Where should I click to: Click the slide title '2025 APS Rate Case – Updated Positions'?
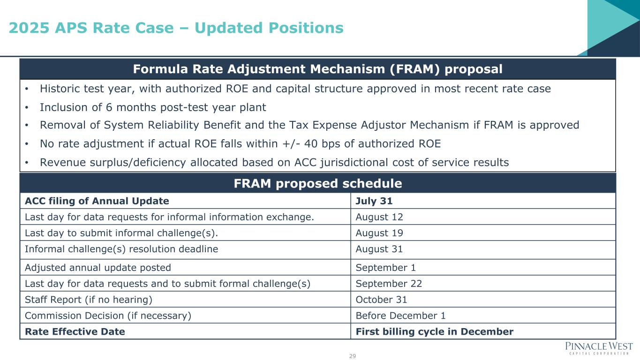tap(176, 28)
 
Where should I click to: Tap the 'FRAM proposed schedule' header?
tap(318, 183)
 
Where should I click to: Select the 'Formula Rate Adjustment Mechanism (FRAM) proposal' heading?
tap(318, 69)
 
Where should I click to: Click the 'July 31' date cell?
tap(374, 201)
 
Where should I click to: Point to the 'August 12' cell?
tap(379, 217)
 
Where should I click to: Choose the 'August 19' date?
tap(379, 233)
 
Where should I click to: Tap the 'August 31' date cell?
tap(379, 249)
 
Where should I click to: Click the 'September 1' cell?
tap(386, 268)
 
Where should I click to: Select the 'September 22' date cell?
tap(389, 284)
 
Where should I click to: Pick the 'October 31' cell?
tap(381, 300)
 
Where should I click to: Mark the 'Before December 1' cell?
tap(400, 315)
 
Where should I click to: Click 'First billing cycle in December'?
tap(435, 331)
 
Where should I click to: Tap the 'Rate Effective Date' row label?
tap(75, 331)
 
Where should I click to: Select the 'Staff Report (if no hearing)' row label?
tap(89, 300)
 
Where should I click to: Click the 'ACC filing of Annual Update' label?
tap(97, 201)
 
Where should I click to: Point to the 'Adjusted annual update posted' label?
tap(98, 268)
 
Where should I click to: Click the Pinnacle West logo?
tap(599, 348)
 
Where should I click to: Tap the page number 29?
tap(352, 356)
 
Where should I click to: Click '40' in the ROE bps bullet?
tap(311, 144)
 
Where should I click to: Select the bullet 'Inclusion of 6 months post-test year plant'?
tap(153, 107)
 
